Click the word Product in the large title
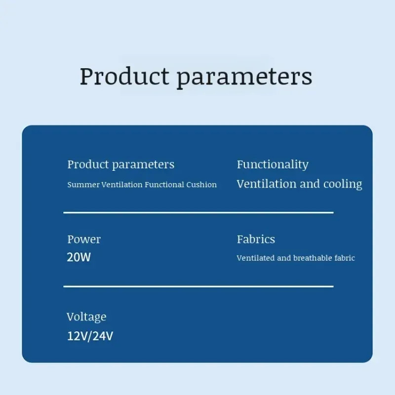click(x=124, y=76)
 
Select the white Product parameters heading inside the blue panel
click(x=120, y=165)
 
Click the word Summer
click(x=83, y=185)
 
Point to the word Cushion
click(x=201, y=185)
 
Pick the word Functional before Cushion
click(x=164, y=185)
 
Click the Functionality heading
click(x=273, y=165)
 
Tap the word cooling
click(x=343, y=184)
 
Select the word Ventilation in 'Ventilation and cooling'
click(x=267, y=184)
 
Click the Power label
click(x=84, y=239)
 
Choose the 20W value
click(x=79, y=257)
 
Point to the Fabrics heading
click(x=256, y=239)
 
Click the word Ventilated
click(x=256, y=258)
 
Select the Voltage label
click(x=86, y=317)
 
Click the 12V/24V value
click(x=90, y=336)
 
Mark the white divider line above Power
click(x=198, y=213)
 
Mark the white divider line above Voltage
click(x=198, y=286)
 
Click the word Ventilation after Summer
click(x=122, y=185)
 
